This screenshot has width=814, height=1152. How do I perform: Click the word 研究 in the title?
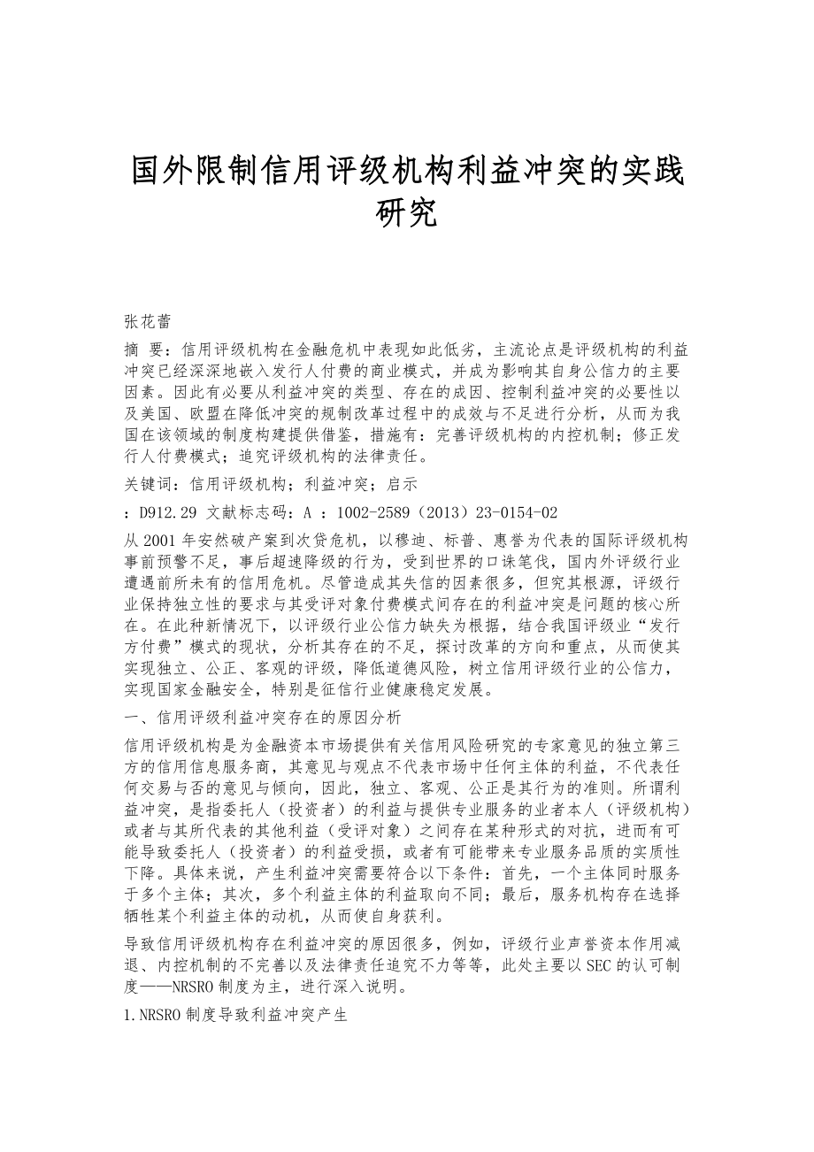point(407,213)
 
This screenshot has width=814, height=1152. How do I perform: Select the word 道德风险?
point(500,668)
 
